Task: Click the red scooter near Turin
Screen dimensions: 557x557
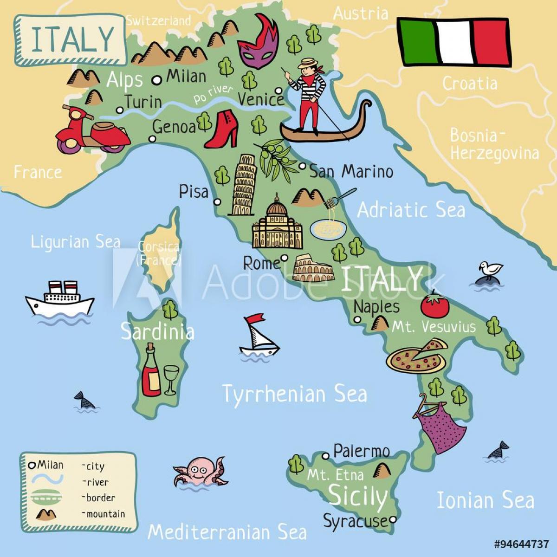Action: (91, 131)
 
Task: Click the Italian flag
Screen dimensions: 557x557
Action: (453, 42)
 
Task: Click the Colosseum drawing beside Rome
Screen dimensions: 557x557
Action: (313, 269)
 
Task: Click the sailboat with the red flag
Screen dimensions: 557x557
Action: (258, 335)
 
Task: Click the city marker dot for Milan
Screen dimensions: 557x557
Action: (157, 80)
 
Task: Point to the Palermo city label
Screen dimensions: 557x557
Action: (361, 451)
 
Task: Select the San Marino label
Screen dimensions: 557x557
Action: (351, 172)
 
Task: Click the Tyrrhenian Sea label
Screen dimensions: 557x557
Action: (294, 394)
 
